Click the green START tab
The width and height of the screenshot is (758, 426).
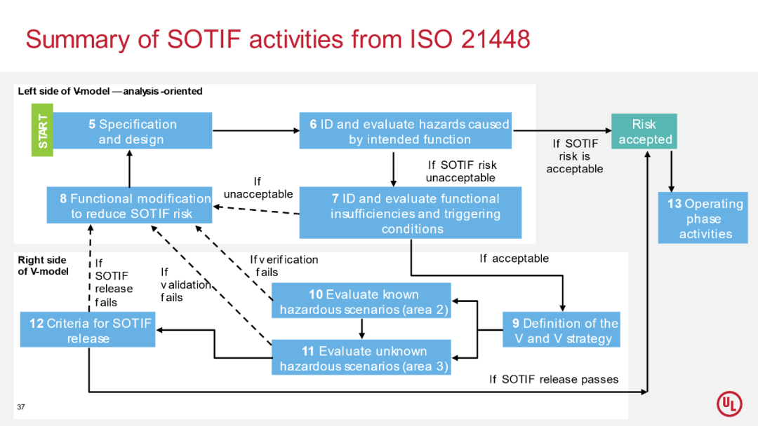[x=42, y=130]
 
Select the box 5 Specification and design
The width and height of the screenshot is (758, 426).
[x=132, y=131]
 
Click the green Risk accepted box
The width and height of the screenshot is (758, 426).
[x=644, y=131]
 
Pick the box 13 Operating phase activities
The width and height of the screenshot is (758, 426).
[x=703, y=219]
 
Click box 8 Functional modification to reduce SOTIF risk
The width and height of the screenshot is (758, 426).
[x=130, y=206]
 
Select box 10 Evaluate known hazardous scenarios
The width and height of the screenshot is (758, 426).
[x=361, y=301]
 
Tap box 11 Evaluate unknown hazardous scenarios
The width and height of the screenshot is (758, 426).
[x=361, y=358]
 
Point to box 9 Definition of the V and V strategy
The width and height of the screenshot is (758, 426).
[x=561, y=331]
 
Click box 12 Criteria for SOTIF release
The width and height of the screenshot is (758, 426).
[x=88, y=331]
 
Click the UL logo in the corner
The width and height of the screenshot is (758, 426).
[x=729, y=404]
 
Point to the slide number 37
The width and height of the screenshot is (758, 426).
[x=21, y=407]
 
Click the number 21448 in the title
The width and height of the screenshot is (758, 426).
[x=496, y=39]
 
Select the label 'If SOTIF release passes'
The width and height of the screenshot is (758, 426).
[x=554, y=379]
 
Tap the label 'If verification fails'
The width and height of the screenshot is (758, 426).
[x=284, y=266]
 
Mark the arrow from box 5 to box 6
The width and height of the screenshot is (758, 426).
[x=255, y=130]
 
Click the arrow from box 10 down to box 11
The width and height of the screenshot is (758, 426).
[x=361, y=329]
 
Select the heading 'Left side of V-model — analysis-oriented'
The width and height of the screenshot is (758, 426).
[x=110, y=91]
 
